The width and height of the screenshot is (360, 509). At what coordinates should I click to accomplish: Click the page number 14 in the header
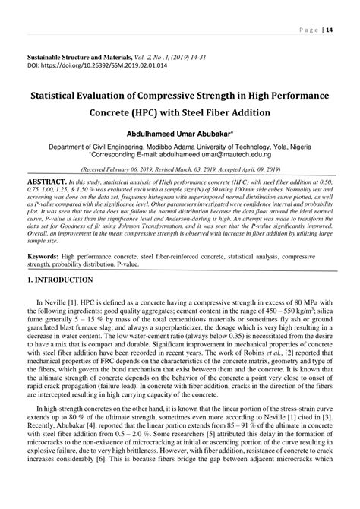coord(328,30)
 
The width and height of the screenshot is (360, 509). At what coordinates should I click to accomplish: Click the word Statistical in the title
coord(62,98)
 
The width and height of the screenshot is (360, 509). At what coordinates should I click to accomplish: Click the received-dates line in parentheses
coord(179,171)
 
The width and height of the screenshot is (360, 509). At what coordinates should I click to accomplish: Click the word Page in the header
coord(308,30)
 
